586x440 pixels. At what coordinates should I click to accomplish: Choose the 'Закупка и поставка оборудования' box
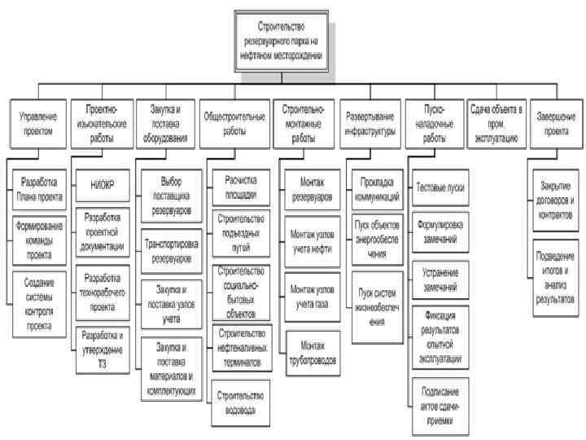point(169,124)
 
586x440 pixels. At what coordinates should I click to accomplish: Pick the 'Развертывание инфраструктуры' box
point(370,124)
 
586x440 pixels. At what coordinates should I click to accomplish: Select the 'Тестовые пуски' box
point(439,187)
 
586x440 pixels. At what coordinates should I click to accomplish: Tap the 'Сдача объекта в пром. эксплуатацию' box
point(497,124)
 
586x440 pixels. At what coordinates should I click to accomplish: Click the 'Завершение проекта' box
point(556,124)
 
